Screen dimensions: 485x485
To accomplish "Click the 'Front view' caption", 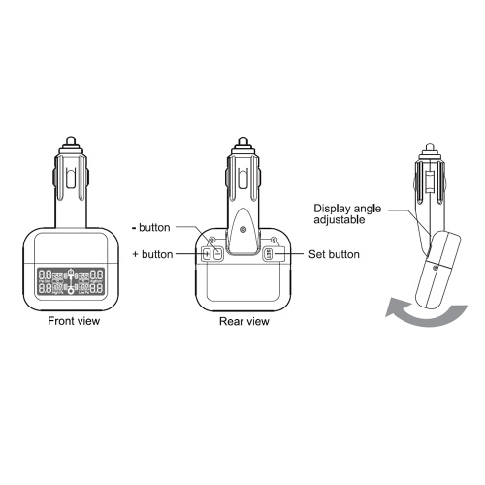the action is pyautogui.click(x=74, y=321).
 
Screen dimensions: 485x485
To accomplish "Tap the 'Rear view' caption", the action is pyautogui.click(x=244, y=321).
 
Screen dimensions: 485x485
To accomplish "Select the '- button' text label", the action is pyautogui.click(x=151, y=227).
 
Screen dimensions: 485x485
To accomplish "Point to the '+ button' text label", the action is pyautogui.click(x=152, y=254).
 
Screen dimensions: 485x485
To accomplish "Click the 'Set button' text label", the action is pyautogui.click(x=334, y=254).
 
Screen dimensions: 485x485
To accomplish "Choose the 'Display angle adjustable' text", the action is pyautogui.click(x=347, y=214).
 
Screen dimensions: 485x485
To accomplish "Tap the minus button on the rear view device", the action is pyautogui.click(x=218, y=254).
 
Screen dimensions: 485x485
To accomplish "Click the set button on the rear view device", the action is pyautogui.click(x=268, y=254).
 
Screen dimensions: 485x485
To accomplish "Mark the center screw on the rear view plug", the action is pyautogui.click(x=242, y=230).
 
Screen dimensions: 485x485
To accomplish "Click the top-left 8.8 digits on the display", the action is pyautogui.click(x=45, y=275).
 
